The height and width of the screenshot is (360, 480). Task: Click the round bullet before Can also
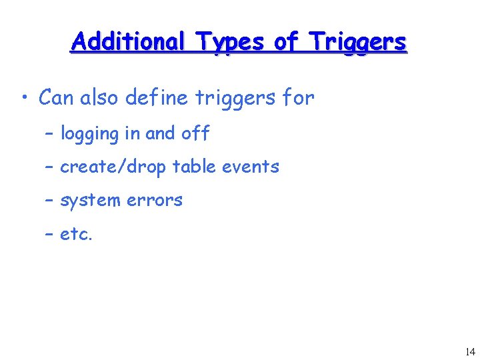pyautogui.click(x=25, y=99)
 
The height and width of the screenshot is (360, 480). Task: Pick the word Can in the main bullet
pyautogui.click(x=57, y=98)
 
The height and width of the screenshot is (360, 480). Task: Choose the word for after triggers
pyautogui.click(x=298, y=98)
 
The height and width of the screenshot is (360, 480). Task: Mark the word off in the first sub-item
pyautogui.click(x=195, y=133)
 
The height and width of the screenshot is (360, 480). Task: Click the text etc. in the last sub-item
pyautogui.click(x=77, y=235)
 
